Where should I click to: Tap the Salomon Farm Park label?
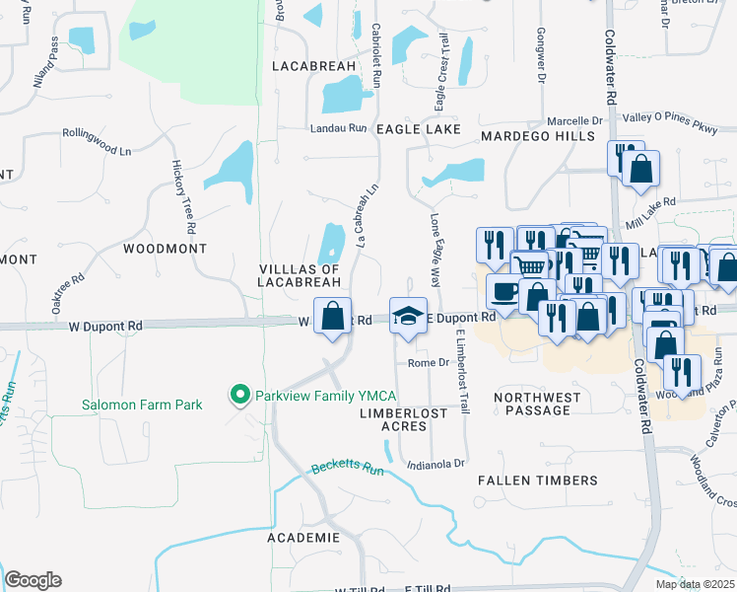[x=142, y=405]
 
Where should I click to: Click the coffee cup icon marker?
[x=504, y=291]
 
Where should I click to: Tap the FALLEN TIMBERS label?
[x=537, y=481]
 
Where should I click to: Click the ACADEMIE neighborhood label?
[x=303, y=538]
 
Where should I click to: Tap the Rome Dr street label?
[x=429, y=363]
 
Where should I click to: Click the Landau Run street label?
[x=338, y=128]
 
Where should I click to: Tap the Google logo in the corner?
[x=33, y=580]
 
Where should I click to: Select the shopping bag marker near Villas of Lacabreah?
[x=334, y=316]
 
